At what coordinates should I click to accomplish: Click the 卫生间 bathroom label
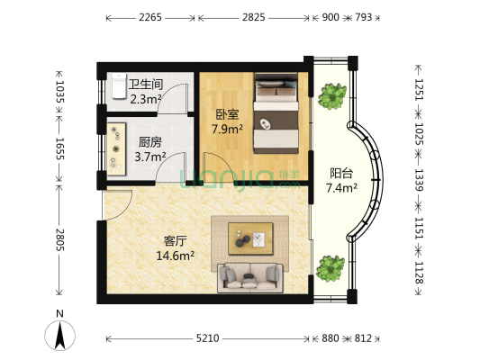point(146,85)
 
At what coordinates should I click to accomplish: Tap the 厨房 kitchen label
point(150,141)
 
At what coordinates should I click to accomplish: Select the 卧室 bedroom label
point(226,114)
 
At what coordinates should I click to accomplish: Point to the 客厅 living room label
point(176,240)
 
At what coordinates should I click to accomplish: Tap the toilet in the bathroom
point(118,86)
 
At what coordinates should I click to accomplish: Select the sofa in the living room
point(249,276)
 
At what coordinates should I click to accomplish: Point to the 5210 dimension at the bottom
point(207,338)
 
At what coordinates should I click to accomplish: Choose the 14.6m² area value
point(177,256)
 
